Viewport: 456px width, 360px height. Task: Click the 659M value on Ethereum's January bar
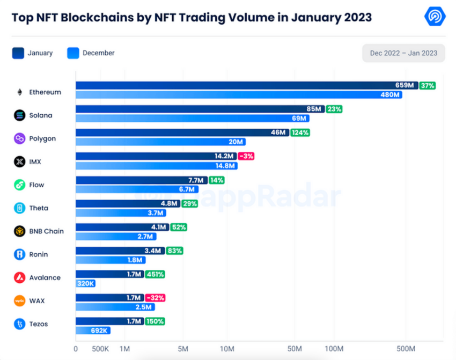point(404,85)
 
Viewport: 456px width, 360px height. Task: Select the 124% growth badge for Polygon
point(300,132)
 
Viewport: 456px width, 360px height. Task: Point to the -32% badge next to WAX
point(154,298)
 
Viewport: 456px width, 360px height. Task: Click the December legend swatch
point(73,53)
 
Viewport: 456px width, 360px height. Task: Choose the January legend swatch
point(18,53)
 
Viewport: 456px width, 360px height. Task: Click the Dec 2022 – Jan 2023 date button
point(403,53)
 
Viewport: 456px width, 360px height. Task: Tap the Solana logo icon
point(20,115)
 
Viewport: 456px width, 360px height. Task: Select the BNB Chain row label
point(46,231)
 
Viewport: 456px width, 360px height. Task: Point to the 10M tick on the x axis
point(227,349)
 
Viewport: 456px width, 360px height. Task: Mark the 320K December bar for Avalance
point(86,283)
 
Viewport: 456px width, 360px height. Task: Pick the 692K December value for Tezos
point(99,330)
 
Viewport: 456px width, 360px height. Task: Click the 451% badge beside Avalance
point(155,274)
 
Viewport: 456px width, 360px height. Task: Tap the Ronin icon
point(20,254)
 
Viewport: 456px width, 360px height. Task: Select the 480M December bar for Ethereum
point(239,95)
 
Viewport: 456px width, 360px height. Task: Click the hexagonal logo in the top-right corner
point(435,16)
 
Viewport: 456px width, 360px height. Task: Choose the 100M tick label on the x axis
point(334,349)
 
